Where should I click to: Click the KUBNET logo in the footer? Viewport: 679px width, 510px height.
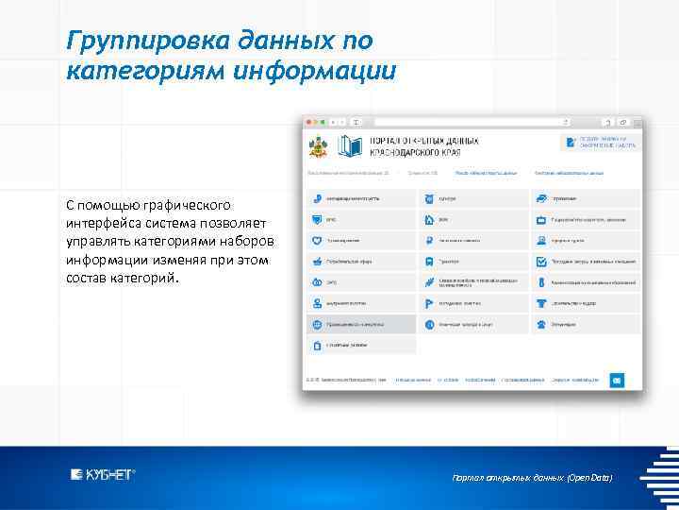103,475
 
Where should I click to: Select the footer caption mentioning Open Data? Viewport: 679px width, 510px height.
532,478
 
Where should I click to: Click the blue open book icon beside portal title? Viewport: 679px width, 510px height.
350,146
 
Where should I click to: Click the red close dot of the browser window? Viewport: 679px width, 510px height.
307,122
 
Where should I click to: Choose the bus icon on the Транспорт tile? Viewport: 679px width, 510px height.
429,261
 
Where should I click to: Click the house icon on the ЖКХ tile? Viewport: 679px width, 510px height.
429,219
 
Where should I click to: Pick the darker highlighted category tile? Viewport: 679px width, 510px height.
360,324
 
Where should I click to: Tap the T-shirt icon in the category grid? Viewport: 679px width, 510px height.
541,303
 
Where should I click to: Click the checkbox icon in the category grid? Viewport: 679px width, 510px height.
541,261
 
